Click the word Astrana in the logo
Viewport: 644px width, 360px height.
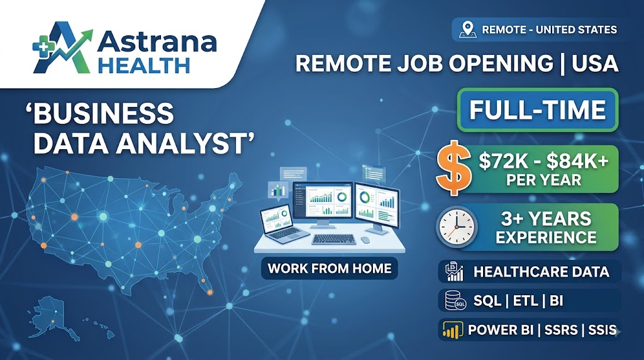click(x=157, y=42)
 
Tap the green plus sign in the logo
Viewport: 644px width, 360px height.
click(x=41, y=48)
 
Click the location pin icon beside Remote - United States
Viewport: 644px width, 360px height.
click(x=467, y=30)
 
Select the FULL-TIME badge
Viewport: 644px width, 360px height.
click(x=538, y=110)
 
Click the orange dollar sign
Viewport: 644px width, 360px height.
click(x=453, y=168)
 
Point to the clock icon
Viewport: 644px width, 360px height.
click(x=457, y=227)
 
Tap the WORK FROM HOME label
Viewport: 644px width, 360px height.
click(x=330, y=269)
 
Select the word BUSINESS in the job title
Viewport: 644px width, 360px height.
click(x=103, y=113)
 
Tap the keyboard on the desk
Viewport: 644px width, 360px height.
click(x=333, y=239)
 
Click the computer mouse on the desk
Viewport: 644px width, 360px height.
click(x=365, y=239)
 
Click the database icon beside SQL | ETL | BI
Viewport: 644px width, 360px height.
click(x=455, y=300)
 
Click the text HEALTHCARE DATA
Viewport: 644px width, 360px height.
click(x=541, y=272)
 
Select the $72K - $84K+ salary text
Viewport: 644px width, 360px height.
click(x=543, y=162)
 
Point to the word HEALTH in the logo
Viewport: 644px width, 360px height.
click(x=145, y=65)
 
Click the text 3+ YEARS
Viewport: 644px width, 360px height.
click(x=546, y=218)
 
